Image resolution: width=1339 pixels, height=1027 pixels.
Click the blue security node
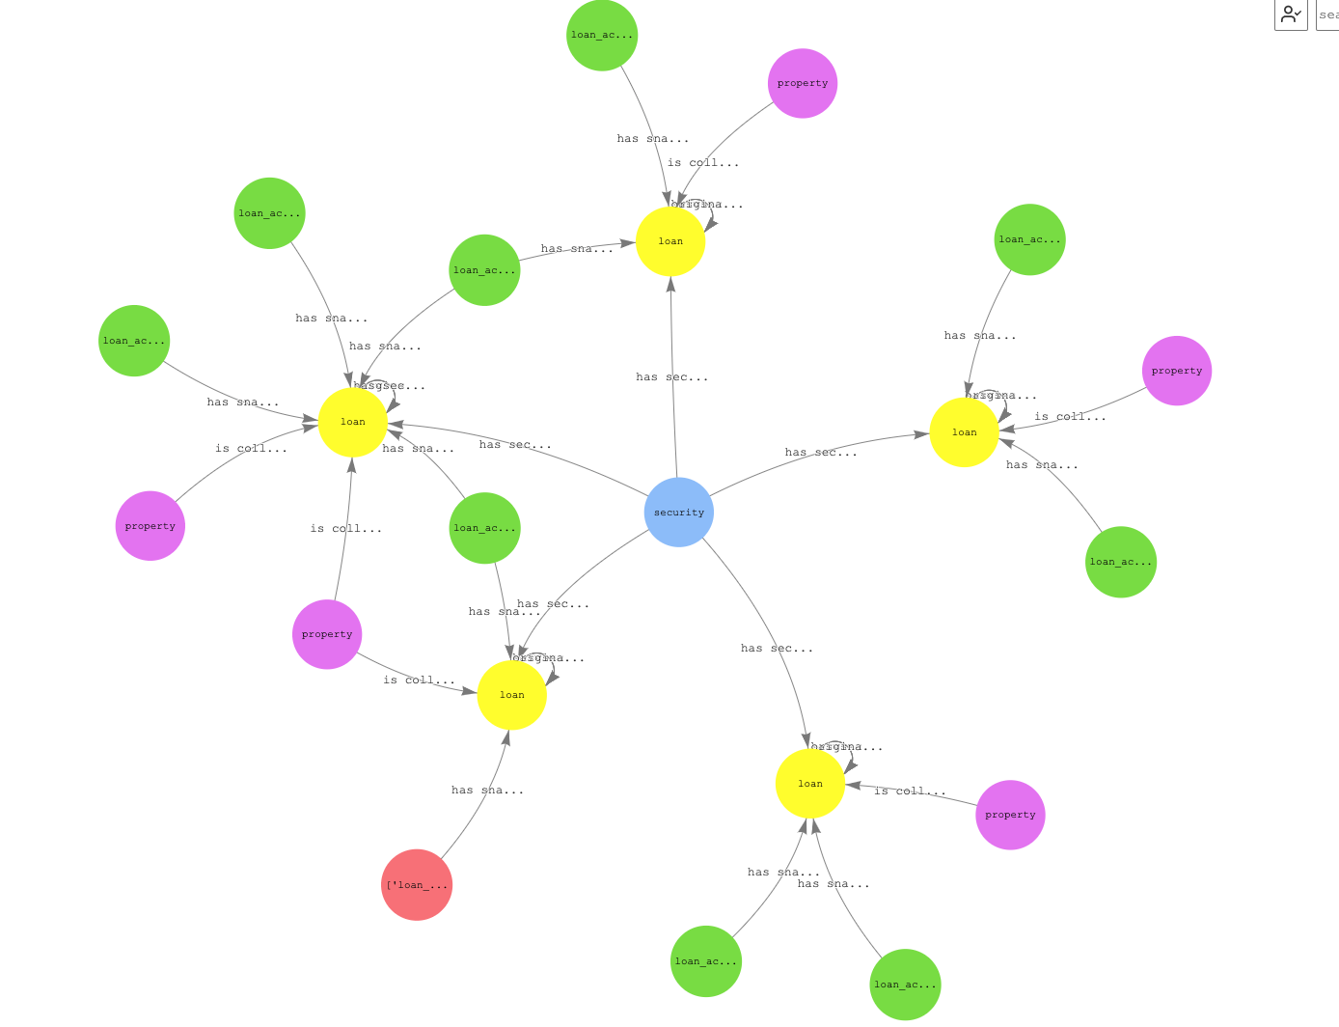pyautogui.click(x=678, y=512)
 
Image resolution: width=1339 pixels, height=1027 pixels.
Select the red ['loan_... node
pyautogui.click(x=417, y=884)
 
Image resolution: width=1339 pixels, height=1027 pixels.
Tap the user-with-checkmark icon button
pyautogui.click(x=1290, y=14)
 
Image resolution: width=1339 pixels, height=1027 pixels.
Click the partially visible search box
pyautogui.click(x=1327, y=14)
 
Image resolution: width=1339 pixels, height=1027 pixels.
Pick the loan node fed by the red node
pyautogui.click(x=511, y=695)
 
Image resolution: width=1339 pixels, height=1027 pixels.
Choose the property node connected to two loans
pyautogui.click(x=327, y=634)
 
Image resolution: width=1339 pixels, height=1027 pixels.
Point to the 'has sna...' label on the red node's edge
pyautogui.click(x=487, y=791)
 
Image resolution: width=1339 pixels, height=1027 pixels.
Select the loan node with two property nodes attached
pyautogui.click(x=353, y=422)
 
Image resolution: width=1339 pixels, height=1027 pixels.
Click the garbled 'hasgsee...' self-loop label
pyautogui.click(x=389, y=386)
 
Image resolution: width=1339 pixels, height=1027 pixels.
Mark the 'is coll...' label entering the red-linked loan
pyautogui.click(x=419, y=680)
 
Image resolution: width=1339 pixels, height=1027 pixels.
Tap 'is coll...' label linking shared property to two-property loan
pyautogui.click(x=345, y=529)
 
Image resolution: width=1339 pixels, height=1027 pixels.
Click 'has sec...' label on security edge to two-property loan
pyautogui.click(x=515, y=445)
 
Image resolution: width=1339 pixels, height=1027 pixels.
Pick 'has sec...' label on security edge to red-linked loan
pyautogui.click(x=553, y=604)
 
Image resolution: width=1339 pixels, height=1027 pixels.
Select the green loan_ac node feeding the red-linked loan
pyautogui.click(x=484, y=528)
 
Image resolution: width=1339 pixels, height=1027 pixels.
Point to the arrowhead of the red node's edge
pyautogui.click(x=506, y=737)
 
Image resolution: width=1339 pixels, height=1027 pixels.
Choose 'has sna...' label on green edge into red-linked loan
pyautogui.click(x=504, y=612)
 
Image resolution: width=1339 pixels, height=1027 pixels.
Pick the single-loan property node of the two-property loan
pyautogui.click(x=150, y=526)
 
